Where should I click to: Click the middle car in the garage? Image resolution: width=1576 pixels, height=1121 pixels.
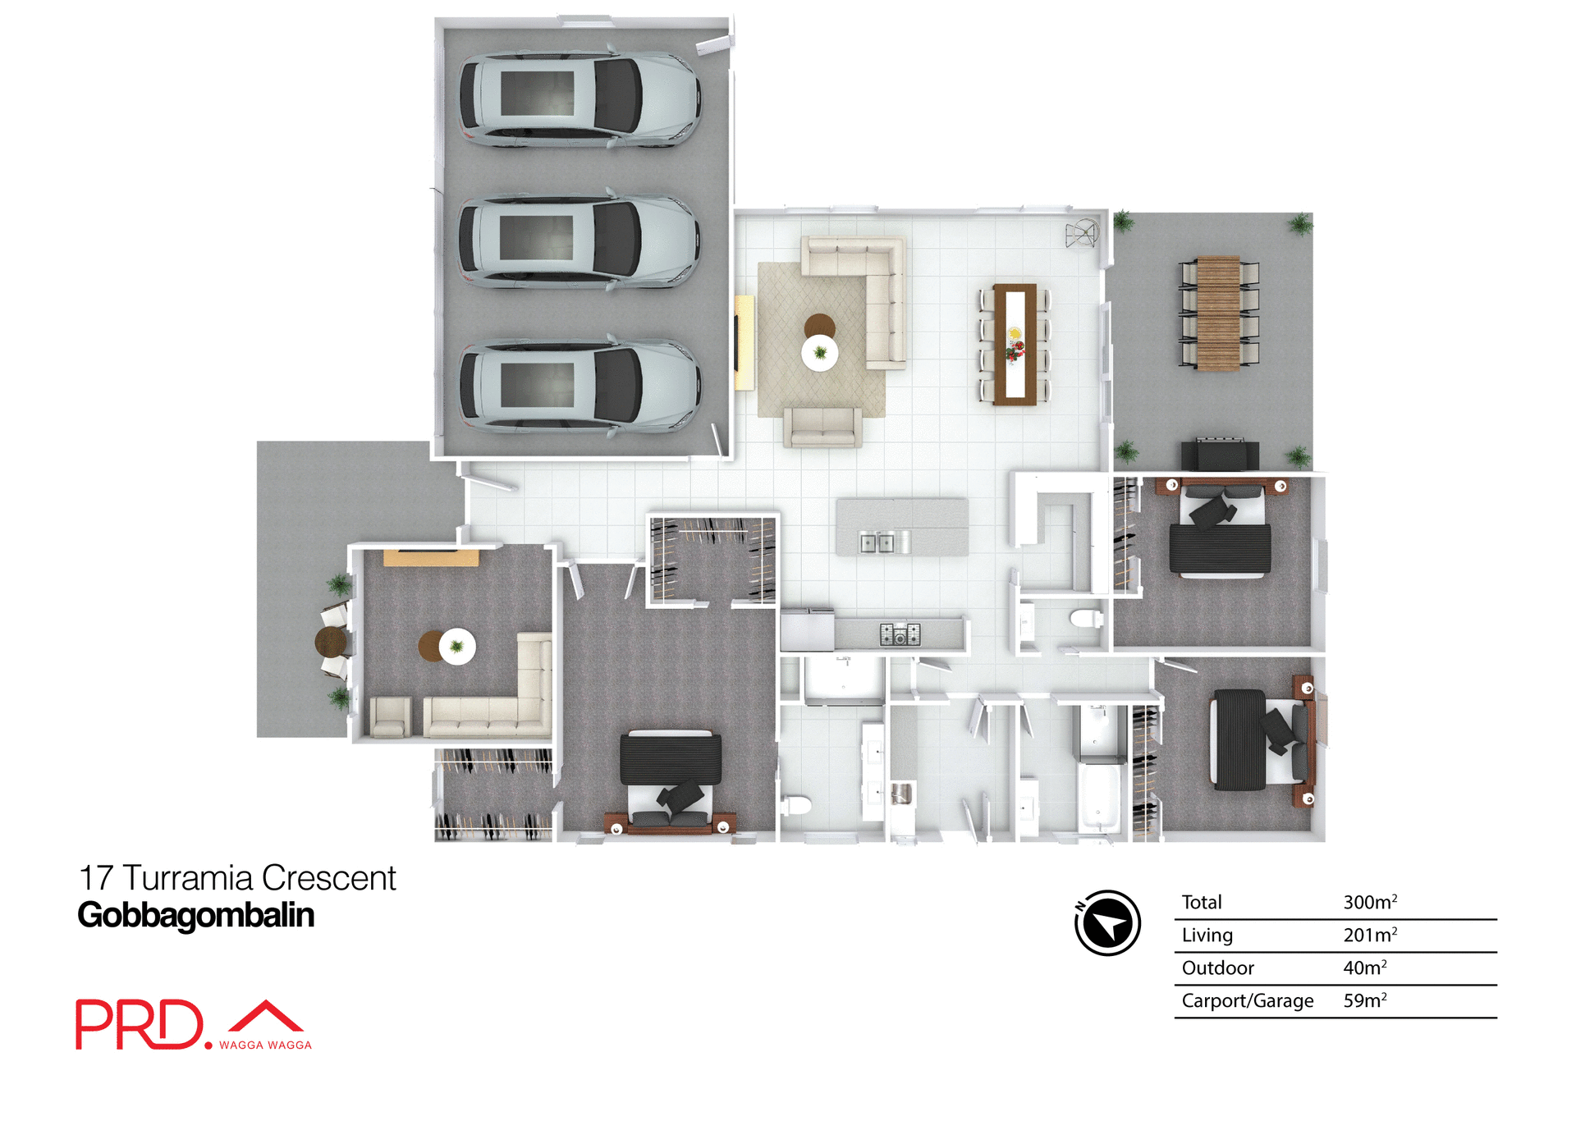coord(579,240)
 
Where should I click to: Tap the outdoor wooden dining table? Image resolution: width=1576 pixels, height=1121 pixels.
coord(1218,313)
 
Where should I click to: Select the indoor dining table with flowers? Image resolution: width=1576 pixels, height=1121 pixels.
coord(1015,344)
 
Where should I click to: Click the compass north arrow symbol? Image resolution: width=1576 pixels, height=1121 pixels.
coord(1107,922)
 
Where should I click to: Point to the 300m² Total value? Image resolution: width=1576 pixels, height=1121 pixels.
coord(1369,902)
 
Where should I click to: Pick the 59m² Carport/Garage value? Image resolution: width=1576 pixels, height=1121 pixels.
coord(1364,1000)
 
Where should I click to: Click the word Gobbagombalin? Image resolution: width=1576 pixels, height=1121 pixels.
coord(195,915)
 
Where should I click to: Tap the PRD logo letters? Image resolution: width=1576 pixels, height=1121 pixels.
coord(139,1024)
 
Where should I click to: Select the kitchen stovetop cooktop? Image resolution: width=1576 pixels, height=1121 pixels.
coord(900,634)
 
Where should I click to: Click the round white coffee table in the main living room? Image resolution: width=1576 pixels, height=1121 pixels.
coord(820,353)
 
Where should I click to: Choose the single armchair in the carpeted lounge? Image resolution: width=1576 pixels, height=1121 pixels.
coord(390,716)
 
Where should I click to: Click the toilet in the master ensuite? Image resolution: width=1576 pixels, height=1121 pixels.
coord(795,804)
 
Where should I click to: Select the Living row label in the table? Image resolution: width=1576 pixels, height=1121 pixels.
coord(1207,935)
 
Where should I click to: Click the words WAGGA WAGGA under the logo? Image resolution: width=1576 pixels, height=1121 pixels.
coord(265,1045)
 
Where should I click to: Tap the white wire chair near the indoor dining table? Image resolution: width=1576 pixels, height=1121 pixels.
coord(1082,235)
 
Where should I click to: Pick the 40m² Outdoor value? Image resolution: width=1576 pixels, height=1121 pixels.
coord(1364,968)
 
